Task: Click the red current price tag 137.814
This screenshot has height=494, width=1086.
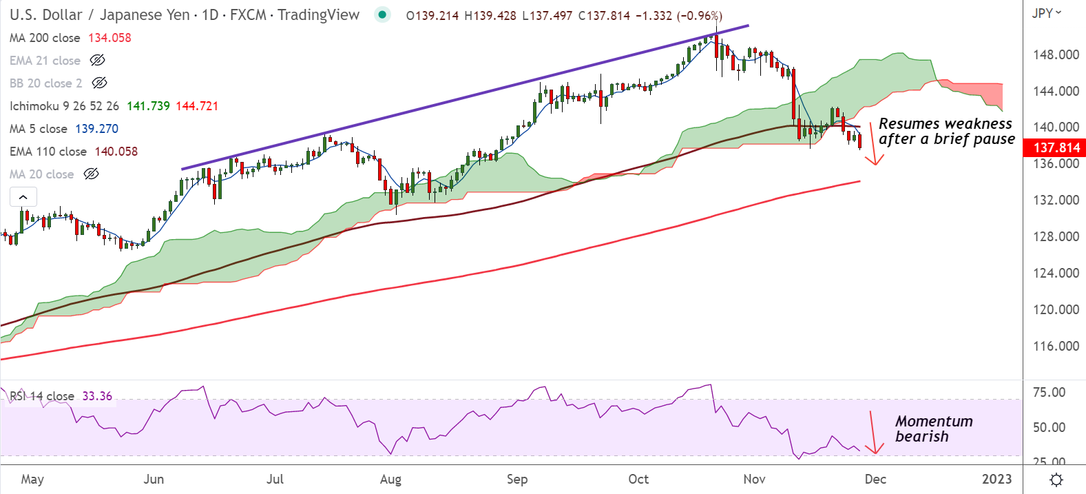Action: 1056,147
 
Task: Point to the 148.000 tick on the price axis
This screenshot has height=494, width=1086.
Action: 1056,54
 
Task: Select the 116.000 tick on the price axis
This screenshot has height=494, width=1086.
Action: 1056,346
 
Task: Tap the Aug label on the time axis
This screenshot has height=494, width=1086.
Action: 390,480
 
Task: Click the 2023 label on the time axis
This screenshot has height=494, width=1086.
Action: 996,480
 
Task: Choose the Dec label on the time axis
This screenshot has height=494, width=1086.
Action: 875,480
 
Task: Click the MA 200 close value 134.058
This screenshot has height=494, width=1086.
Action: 109,38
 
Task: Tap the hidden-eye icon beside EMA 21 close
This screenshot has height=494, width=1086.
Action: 98,61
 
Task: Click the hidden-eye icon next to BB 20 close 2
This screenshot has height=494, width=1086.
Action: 99,83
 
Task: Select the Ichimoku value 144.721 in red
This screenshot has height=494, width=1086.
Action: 197,106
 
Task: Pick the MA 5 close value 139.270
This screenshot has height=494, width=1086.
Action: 97,129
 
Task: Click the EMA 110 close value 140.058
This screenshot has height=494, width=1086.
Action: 116,152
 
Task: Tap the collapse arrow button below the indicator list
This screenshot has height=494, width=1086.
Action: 23,197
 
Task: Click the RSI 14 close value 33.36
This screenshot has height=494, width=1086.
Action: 97,396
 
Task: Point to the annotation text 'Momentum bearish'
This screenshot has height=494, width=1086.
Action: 934,429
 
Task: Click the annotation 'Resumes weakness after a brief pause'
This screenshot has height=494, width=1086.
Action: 946,131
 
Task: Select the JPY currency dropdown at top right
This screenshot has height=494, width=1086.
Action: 1047,13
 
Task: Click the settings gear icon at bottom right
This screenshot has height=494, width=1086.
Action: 1056,480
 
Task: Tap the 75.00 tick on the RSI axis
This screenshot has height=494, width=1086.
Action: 1049,393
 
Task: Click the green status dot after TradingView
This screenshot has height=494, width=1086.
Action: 382,14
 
